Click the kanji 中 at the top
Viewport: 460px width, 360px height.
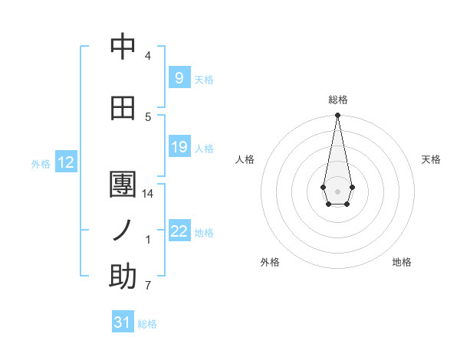(123, 47)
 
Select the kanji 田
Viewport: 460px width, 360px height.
(123, 108)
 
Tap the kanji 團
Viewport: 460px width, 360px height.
(123, 185)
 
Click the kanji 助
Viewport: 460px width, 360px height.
(123, 277)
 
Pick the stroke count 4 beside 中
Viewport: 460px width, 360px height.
(148, 56)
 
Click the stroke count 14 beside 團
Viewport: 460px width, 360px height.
(148, 194)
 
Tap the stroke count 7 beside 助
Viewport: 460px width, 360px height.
(148, 286)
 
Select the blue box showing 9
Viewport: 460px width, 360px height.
(179, 78)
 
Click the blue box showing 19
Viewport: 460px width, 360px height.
(179, 147)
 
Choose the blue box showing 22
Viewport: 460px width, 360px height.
(179, 231)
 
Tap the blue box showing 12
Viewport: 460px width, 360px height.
(66, 162)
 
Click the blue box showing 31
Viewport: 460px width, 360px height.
(123, 322)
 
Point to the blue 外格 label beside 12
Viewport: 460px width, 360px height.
(41, 163)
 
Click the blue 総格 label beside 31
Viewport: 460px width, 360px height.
(147, 323)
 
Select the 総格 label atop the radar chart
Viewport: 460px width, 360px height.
(337, 100)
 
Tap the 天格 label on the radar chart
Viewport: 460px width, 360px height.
(431, 159)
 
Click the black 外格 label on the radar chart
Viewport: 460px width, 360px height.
(270, 262)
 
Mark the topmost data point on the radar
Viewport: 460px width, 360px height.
(337, 116)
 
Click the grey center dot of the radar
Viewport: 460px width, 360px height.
(337, 190)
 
